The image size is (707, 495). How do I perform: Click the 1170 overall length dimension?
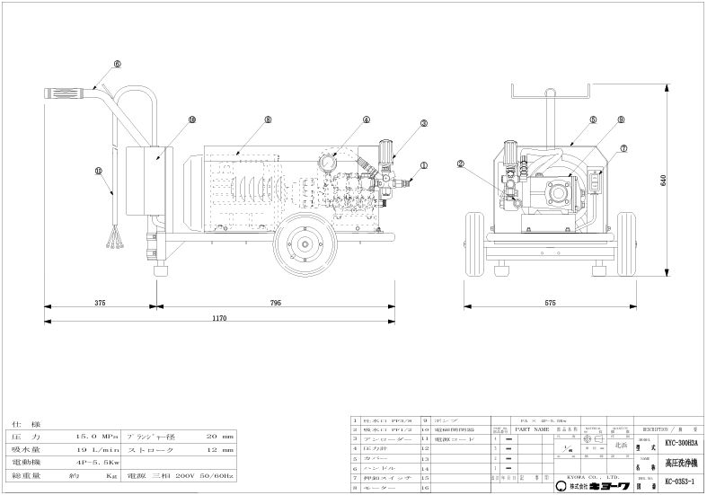[x=218, y=318]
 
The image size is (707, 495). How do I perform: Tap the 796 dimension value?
[x=276, y=303]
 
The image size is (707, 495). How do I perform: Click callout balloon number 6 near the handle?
[x=117, y=65]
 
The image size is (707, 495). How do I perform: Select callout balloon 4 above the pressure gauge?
[x=367, y=119]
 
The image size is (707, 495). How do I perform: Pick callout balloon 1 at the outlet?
[x=424, y=165]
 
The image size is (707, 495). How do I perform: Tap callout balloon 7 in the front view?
[x=623, y=148]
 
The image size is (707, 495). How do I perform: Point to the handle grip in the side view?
[x=68, y=93]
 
